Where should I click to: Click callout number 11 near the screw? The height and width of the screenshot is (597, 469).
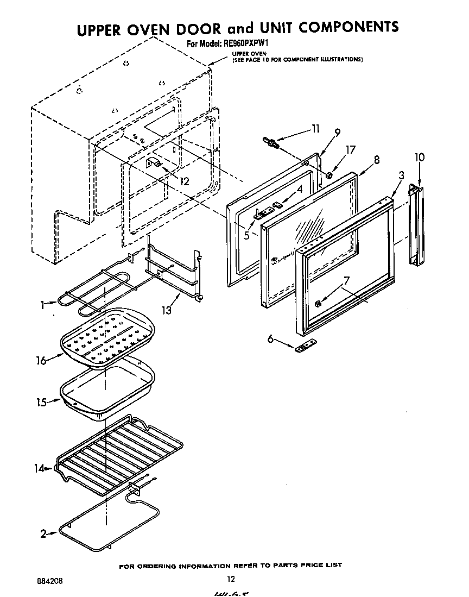click(315, 129)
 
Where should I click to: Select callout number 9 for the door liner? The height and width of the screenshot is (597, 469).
click(337, 132)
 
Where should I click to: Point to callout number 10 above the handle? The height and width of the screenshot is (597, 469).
click(419, 158)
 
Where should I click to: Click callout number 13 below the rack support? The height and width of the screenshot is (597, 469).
click(166, 310)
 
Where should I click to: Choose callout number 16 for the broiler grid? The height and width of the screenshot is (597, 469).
click(41, 360)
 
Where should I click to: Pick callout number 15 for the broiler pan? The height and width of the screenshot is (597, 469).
click(41, 402)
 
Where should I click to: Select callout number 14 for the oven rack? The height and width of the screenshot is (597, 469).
click(39, 468)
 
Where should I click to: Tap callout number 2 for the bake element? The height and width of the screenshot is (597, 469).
click(43, 533)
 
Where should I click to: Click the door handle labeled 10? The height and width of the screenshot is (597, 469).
click(416, 225)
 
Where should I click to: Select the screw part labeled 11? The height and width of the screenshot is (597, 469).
click(271, 143)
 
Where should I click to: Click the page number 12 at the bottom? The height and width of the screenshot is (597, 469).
click(231, 579)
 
